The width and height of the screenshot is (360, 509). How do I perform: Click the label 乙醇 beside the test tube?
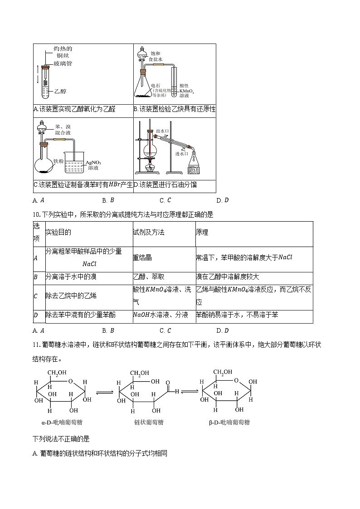tap(60, 91)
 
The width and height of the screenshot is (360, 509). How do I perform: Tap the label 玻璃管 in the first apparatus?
tap(63, 63)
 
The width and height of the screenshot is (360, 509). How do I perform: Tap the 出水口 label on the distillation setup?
tap(162, 131)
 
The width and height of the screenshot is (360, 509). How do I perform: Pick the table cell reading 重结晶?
tap(142, 257)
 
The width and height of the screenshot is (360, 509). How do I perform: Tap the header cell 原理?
tap(202, 233)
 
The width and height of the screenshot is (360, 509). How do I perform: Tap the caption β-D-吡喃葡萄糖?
tap(229, 422)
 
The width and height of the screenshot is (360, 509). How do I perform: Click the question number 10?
tap(36, 214)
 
